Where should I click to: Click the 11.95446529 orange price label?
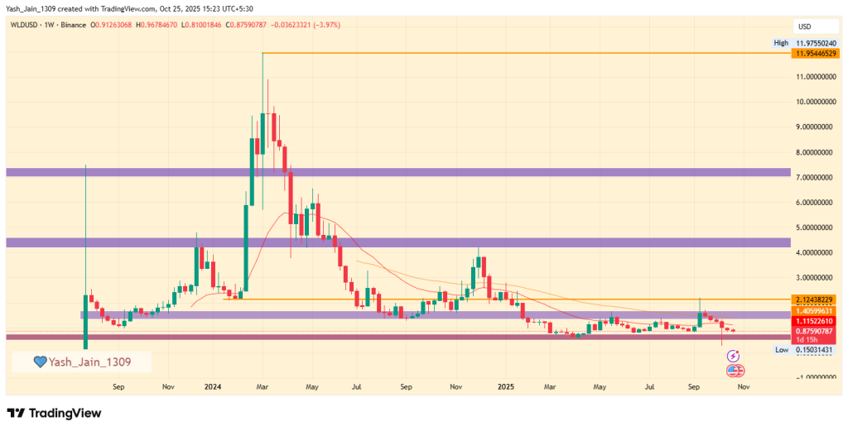point(815,54)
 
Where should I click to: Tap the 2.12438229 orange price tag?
point(815,299)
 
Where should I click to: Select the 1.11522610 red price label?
point(815,320)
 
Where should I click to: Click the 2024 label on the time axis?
point(213,386)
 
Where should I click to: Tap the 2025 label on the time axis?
point(506,386)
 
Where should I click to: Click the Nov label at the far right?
point(743,386)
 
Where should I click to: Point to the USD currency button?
point(804,26)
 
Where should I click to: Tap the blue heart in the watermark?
point(39,362)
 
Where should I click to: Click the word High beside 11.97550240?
point(780,42)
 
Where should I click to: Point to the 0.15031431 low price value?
point(815,351)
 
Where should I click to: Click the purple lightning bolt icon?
point(732,356)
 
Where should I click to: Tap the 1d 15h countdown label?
point(806,340)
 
